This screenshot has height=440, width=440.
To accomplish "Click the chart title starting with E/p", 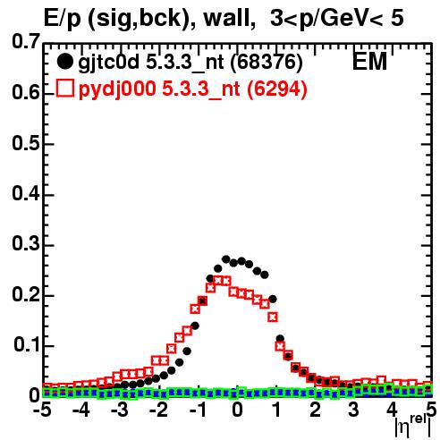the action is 224,19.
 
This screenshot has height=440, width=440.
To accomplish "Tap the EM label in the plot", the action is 369,61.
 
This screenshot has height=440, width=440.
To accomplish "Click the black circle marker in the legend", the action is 64,62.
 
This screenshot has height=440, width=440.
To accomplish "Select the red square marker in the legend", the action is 64,89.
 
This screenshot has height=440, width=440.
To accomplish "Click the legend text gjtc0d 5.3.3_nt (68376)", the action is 190,63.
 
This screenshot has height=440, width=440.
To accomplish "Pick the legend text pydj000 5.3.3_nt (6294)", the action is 193,89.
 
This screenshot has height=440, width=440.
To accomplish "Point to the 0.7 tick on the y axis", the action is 26,42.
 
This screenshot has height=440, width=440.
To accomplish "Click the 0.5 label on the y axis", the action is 26,143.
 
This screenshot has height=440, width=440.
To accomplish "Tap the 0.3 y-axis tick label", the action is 26,244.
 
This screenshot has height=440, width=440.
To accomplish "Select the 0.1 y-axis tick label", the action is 27,345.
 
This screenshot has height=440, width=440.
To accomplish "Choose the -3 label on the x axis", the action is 121,410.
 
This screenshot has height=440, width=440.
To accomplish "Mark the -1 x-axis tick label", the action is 198,410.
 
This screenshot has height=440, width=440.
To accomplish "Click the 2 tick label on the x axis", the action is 315,410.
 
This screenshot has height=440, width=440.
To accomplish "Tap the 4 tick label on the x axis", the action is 393,410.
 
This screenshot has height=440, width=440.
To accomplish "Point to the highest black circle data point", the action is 226,259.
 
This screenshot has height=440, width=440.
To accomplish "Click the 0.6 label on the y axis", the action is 26,93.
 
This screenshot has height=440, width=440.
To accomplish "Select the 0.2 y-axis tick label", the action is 26,295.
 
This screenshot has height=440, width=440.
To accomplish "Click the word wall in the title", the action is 226,19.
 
